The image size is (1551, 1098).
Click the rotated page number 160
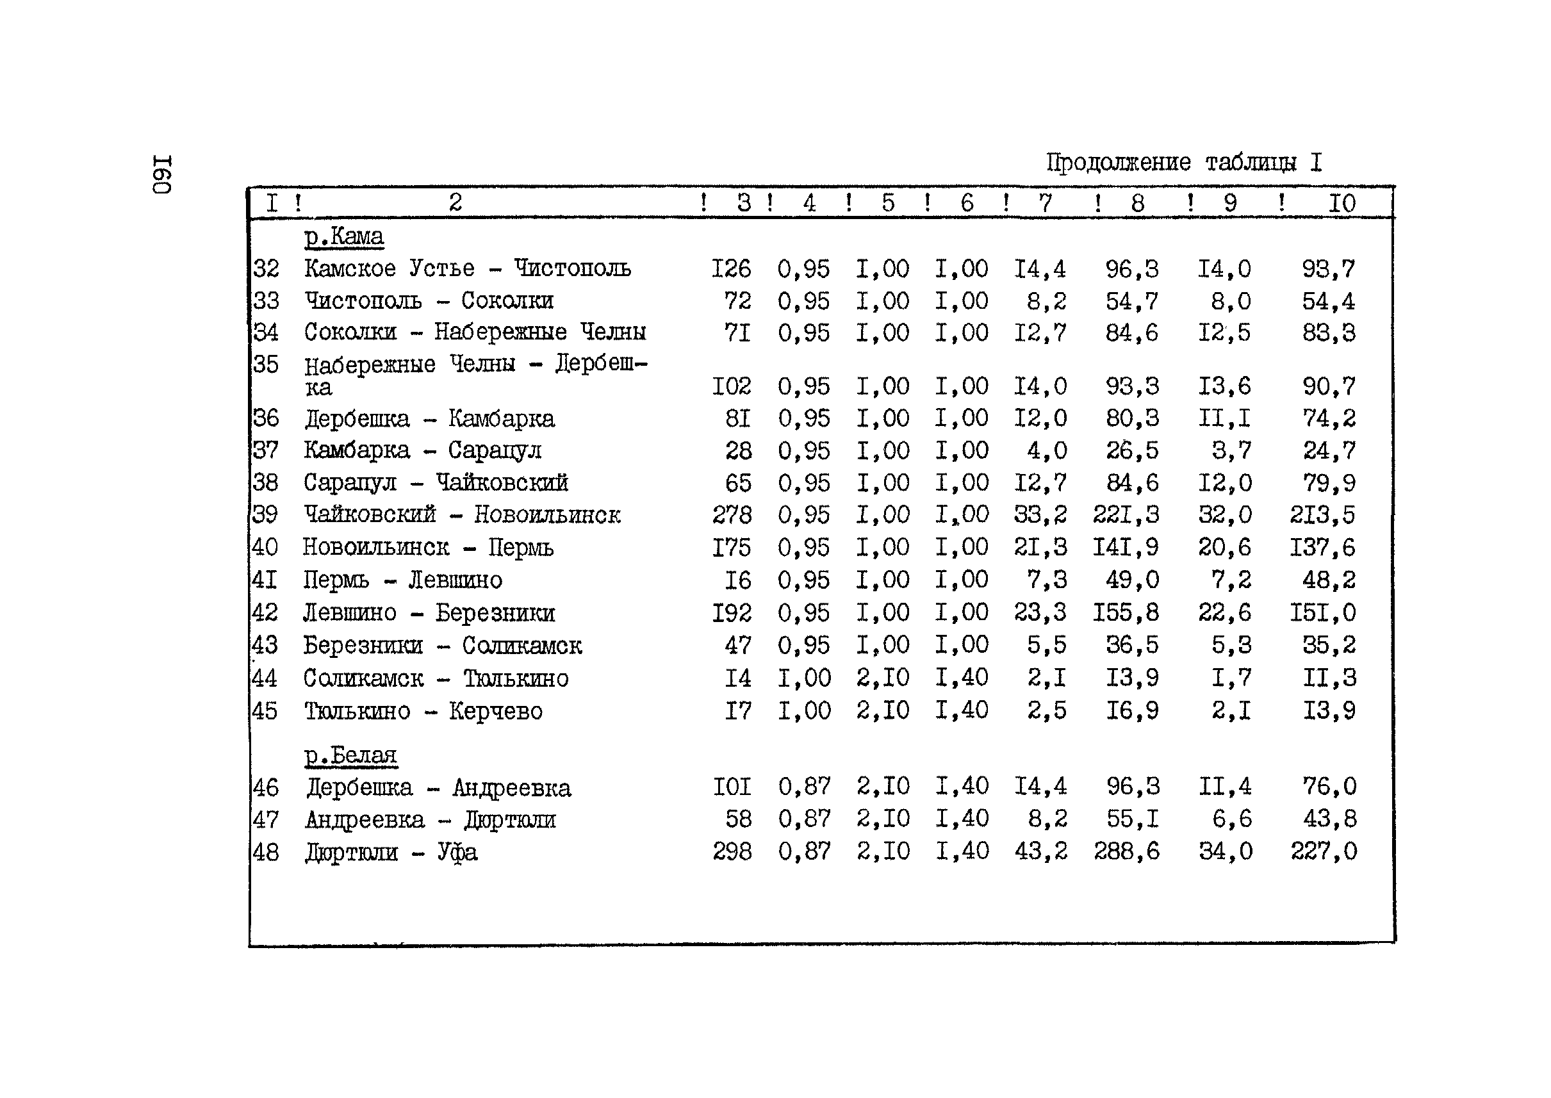coord(162,175)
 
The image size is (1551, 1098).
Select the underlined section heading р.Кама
coord(343,236)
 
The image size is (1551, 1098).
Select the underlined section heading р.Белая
coord(350,755)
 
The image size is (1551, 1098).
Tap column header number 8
coord(1137,203)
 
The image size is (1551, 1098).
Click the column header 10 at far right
coord(1342,203)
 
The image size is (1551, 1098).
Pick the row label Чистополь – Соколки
coord(429,300)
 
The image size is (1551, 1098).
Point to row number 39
coord(265,514)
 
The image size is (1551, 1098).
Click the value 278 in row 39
coord(732,515)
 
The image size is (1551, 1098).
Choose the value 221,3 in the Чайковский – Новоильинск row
coord(1126,515)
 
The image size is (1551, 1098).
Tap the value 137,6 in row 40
coord(1322,547)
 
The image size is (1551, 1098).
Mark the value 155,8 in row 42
coord(1126,612)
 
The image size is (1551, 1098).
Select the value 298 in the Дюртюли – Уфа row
coord(732,851)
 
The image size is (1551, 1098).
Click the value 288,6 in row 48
coord(1126,851)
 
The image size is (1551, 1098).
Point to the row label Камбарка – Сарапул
coord(423,450)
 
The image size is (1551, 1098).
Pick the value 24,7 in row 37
coord(1329,450)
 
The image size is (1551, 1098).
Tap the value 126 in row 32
coord(731,269)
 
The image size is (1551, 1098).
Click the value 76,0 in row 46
coord(1329,786)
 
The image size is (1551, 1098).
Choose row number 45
coord(265,711)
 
